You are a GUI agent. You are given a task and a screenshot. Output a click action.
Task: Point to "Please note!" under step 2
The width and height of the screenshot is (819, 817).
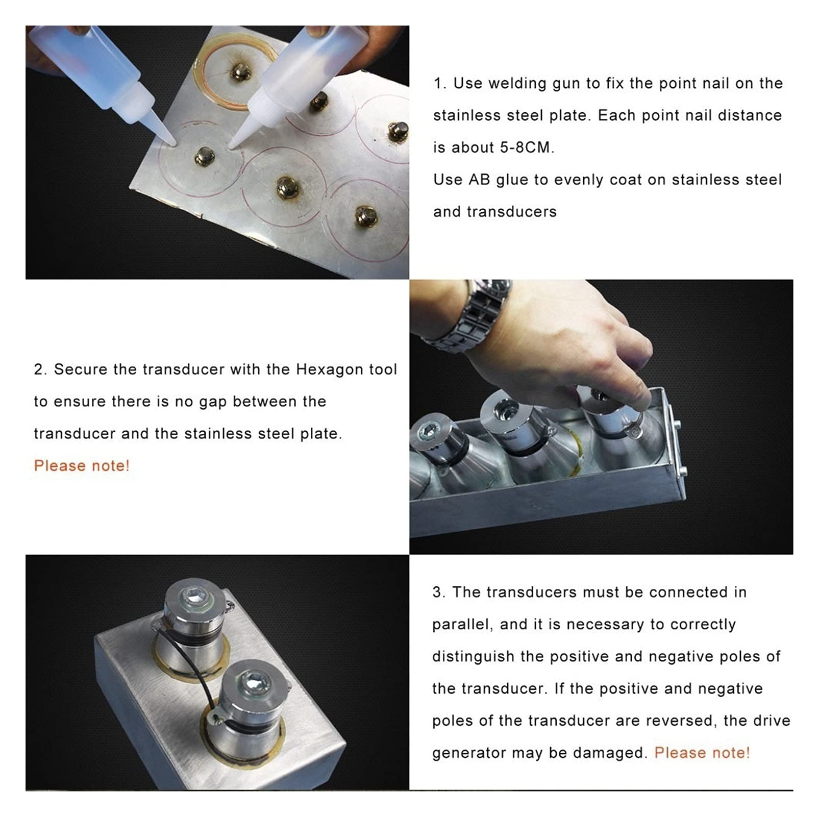[x=82, y=465]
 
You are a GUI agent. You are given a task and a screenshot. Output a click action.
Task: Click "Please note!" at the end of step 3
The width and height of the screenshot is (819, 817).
[x=702, y=753]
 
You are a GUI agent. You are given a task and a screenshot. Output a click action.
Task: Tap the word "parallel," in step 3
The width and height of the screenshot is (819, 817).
[x=462, y=625]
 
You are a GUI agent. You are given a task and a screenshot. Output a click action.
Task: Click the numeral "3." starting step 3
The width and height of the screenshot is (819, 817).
[x=439, y=592]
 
